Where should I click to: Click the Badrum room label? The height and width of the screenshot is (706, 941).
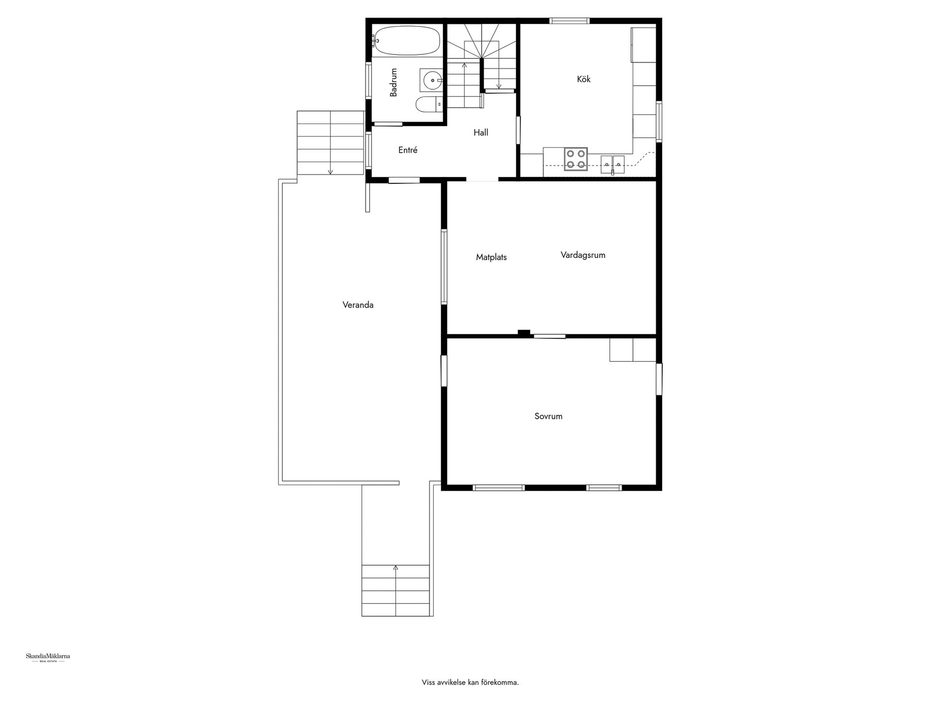(x=393, y=82)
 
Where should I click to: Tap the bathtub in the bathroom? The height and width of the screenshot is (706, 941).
(x=406, y=41)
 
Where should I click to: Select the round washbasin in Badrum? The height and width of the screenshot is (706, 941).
(x=432, y=80)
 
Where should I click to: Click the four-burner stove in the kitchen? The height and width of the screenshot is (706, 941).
(x=575, y=159)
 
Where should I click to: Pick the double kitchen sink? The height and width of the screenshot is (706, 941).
(x=613, y=161)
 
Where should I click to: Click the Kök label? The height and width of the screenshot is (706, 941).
(x=584, y=79)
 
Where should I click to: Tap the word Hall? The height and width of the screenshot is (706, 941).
(x=481, y=132)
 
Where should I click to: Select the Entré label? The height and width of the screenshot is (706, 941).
(x=408, y=150)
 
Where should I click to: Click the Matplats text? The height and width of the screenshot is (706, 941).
(x=491, y=257)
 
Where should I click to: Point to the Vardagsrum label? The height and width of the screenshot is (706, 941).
(x=583, y=255)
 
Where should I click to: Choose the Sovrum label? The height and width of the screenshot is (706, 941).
(x=548, y=416)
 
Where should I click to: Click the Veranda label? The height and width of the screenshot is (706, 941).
(x=358, y=305)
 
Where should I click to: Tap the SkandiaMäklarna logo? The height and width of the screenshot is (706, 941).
(x=48, y=657)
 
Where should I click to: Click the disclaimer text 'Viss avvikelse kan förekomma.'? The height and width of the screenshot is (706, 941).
(x=470, y=682)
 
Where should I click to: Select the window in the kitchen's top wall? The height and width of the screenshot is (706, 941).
(x=569, y=21)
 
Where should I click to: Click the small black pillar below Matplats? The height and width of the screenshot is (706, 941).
(x=524, y=333)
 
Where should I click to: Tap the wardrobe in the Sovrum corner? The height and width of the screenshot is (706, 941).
(x=633, y=350)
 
